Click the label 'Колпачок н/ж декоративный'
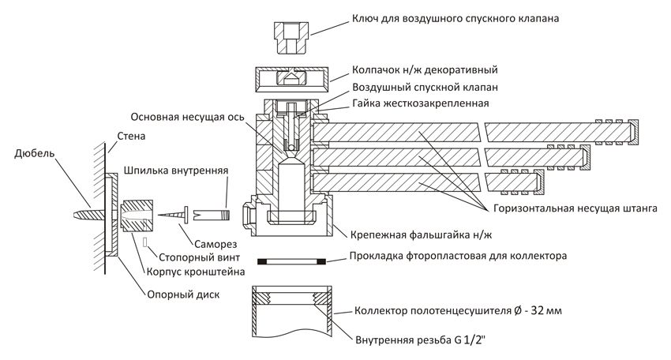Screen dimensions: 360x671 (x=424, y=70)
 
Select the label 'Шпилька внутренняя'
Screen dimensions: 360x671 (x=177, y=170)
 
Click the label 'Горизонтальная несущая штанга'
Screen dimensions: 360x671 (x=572, y=211)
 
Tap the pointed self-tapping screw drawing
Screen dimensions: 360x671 (x=171, y=213)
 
